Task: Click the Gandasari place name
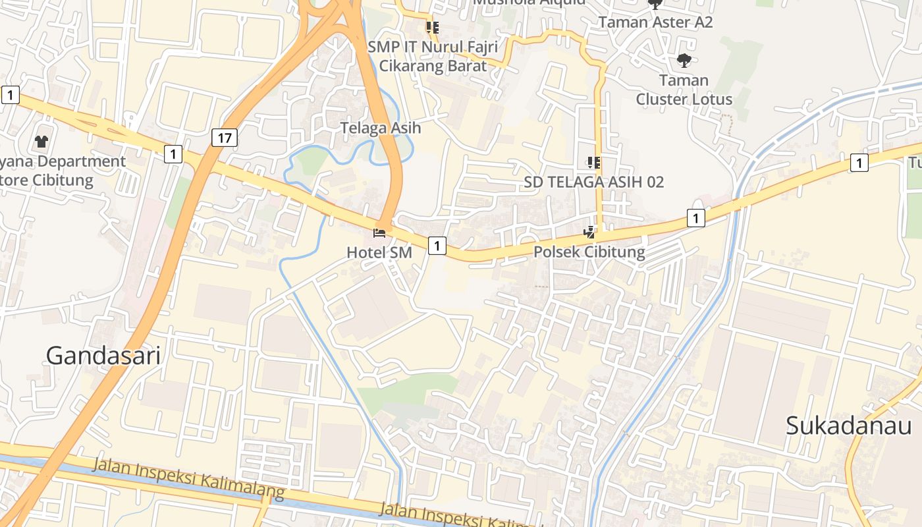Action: [x=103, y=356]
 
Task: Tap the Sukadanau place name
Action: [x=849, y=426]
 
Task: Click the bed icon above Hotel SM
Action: [x=379, y=233]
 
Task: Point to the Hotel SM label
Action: [x=379, y=252]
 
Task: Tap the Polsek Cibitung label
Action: [x=589, y=252]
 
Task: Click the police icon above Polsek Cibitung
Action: [x=589, y=232]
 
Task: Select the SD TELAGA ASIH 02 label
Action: [x=594, y=182]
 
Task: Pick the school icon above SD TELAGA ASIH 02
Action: [x=593, y=162]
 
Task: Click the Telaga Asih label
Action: [x=381, y=128]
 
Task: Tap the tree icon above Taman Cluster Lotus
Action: [x=684, y=61]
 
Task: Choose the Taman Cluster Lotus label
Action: [x=684, y=90]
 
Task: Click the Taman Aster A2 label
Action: [x=655, y=22]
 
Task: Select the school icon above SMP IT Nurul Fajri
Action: [x=433, y=27]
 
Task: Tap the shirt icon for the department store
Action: [x=42, y=141]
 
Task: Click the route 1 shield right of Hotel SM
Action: [x=437, y=246]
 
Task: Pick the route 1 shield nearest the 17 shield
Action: [x=173, y=154]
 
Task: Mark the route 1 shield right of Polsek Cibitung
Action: [x=695, y=217]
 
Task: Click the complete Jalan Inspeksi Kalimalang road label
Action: [x=188, y=478]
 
